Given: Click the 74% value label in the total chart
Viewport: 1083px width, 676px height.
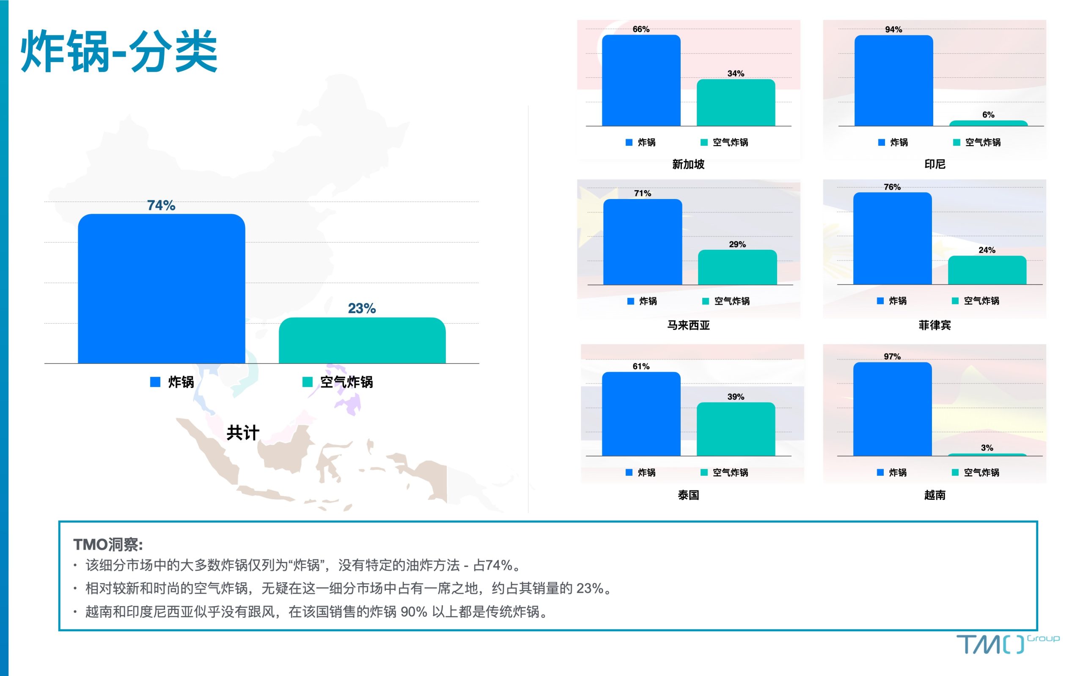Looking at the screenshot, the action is pos(161,205).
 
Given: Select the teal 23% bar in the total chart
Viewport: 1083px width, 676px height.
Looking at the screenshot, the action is pos(362,340).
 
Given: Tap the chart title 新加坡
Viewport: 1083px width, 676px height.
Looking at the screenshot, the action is pos(688,164).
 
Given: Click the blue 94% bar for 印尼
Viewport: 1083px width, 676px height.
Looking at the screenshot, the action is pos(894,80).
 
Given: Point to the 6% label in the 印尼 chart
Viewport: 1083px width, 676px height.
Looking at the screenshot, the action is pos(989,115).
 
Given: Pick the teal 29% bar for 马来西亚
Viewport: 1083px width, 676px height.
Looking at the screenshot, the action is pos(737,267).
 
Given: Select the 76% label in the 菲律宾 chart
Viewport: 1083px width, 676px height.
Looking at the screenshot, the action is pos(892,187).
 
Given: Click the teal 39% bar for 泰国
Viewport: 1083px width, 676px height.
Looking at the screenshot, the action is pos(736,429).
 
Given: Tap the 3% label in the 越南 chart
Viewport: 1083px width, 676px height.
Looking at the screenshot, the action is pos(987,447).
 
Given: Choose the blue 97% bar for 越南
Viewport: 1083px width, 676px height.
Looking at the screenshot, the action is pos(892,409).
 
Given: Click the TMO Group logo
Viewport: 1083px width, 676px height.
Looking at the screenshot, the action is pos(1008,644).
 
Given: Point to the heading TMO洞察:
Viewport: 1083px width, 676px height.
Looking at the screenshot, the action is pos(108,545).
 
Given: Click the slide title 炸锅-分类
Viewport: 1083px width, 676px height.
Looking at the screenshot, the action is pos(119,52).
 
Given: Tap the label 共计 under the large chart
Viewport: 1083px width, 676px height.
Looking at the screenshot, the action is pos(242,432).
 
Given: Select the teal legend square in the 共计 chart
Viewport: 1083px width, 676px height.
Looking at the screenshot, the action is pos(308,382).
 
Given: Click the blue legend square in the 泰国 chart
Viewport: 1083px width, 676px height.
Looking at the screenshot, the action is pos(629,472).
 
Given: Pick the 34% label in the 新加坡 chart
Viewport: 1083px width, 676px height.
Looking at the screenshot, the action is pos(736,74).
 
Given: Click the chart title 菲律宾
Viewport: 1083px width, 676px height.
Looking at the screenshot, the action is pos(935,325).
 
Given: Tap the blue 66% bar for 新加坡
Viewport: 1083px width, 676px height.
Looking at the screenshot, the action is pos(641,80).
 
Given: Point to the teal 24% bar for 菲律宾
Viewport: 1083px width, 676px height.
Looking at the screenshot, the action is pos(987,270).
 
